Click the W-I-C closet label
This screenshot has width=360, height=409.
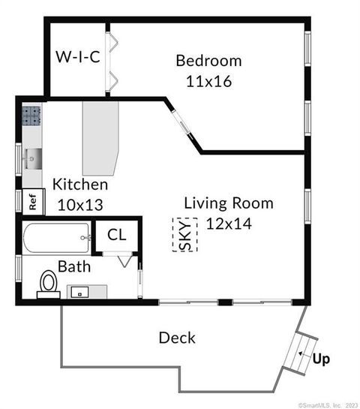click(78, 56)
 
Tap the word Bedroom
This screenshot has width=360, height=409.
click(208, 61)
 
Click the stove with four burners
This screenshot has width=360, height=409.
click(31, 116)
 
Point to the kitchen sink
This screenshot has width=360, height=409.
click(32, 158)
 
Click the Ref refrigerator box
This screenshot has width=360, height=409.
click(33, 201)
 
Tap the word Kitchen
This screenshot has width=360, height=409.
click(79, 185)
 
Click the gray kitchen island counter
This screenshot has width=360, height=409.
click(101, 138)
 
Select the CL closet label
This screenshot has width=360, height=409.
click(117, 234)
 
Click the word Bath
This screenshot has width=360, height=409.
click(75, 266)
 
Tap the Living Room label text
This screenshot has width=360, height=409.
click(229, 203)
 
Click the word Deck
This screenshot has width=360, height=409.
click(177, 338)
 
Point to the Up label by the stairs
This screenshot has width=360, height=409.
click(321, 358)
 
